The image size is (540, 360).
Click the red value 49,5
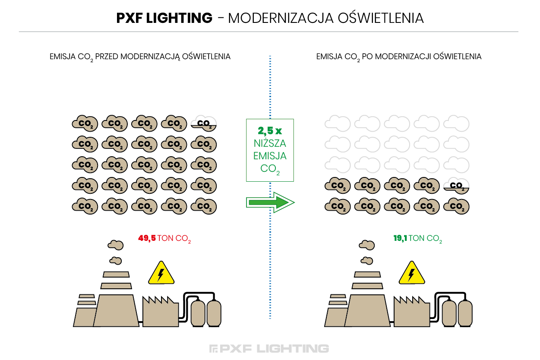[x=147, y=238]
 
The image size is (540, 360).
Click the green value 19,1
[x=400, y=238]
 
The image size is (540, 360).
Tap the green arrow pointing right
[x=270, y=202]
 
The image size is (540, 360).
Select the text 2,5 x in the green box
[x=270, y=131]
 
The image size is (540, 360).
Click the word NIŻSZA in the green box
[x=270, y=143]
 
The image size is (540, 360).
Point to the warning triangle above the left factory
[x=161, y=273]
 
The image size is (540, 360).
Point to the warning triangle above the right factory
[x=412, y=273]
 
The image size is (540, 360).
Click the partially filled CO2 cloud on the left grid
[x=204, y=123]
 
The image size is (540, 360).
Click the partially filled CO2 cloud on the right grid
[x=456, y=186]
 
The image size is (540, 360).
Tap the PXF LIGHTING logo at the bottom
[x=269, y=349]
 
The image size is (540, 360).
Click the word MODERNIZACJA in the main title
[x=281, y=18]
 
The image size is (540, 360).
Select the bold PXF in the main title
[x=129, y=18]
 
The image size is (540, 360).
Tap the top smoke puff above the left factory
[x=116, y=245]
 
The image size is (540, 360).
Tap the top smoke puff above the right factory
[x=366, y=245]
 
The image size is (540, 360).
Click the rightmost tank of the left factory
[x=214, y=313]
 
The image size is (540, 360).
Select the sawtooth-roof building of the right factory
[x=412, y=312]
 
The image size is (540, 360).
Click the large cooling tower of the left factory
[x=116, y=310]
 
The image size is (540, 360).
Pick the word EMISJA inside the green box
[x=270, y=156]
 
